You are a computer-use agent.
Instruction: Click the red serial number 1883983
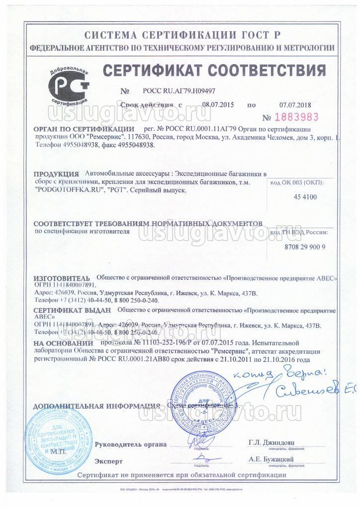[294, 118]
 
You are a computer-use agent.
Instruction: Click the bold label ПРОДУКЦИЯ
[56, 174]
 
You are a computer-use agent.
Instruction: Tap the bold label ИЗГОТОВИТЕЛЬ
[62, 278]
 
